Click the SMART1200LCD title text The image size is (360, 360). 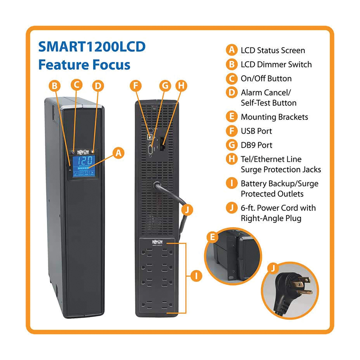tap(92, 46)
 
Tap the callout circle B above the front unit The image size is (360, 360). tap(55, 86)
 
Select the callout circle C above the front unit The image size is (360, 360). tap(76, 85)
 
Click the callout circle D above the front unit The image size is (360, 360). tap(98, 86)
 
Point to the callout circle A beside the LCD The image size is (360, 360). tap(118, 153)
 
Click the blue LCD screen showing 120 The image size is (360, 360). tap(84, 166)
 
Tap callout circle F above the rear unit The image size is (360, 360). tap(136, 86)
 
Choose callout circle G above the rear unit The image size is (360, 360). tap(165, 86)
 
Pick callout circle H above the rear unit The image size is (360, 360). tap(181, 86)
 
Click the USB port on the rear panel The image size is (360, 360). tap(150, 137)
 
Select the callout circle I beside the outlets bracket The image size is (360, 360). tap(196, 275)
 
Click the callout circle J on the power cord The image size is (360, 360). tap(187, 210)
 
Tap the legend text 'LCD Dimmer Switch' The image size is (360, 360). tap(276, 64)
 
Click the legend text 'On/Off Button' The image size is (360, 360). tap(266, 78)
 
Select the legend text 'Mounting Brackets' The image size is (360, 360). tap(274, 117)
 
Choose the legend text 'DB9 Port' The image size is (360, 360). tap(256, 145)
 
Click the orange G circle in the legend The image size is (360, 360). tap(231, 145)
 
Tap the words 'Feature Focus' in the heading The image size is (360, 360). tap(84, 64)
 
